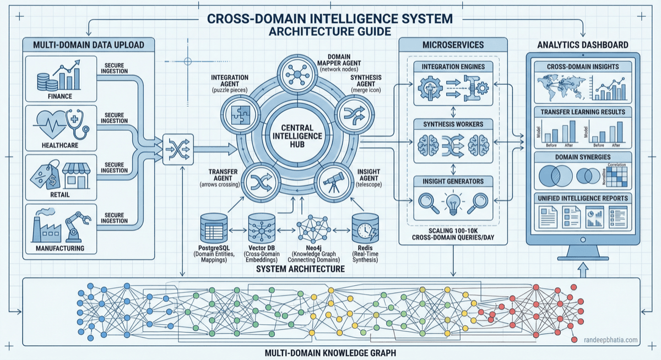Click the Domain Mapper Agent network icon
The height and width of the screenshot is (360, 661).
[x=297, y=74]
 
